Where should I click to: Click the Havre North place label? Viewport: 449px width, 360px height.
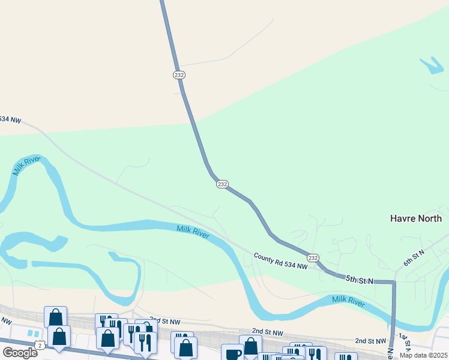click(416, 218)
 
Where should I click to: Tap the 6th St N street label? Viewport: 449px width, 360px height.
click(414, 259)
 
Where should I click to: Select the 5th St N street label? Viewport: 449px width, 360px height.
click(359, 279)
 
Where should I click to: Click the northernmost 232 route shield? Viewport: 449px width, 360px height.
click(179, 75)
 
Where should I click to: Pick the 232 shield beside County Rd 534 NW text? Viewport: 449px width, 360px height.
click(313, 257)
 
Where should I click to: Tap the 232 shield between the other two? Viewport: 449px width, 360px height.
click(221, 184)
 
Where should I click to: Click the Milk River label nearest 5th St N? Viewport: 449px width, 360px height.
click(348, 302)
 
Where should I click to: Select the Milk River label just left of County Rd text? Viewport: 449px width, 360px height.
click(193, 232)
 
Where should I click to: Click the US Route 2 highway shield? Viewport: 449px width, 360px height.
click(40, 344)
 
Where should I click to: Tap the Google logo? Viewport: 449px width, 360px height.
click(20, 353)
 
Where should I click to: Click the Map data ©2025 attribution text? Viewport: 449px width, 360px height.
click(424, 355)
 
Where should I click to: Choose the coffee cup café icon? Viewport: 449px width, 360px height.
click(232, 353)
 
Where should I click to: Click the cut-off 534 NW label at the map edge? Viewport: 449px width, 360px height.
click(10, 120)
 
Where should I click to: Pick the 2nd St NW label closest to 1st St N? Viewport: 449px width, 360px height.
click(369, 340)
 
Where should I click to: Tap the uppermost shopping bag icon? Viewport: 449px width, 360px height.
click(55, 317)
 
